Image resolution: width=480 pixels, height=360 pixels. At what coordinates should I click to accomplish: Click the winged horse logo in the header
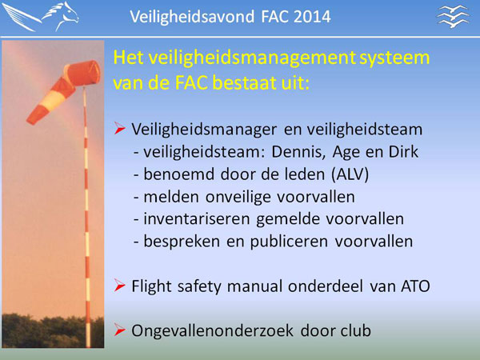tap(41, 16)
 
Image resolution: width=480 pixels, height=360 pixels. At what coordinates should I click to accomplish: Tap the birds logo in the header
tap(453, 16)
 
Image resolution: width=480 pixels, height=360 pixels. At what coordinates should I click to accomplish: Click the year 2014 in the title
tap(312, 17)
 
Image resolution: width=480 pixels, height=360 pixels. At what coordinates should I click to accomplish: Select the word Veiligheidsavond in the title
tap(192, 17)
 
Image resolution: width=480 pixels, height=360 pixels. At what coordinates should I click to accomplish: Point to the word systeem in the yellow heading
tap(394, 58)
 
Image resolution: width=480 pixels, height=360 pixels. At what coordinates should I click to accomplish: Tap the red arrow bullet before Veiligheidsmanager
tap(119, 128)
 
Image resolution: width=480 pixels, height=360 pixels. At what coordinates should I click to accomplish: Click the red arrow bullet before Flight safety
tap(119, 286)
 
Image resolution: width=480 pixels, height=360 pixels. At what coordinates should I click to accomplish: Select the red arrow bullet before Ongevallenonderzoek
tap(119, 330)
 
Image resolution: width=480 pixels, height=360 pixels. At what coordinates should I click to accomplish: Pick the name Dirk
tap(403, 151)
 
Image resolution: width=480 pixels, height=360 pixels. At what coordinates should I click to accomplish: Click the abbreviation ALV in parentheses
tap(350, 174)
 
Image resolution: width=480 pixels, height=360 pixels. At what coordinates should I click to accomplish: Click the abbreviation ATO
tap(415, 286)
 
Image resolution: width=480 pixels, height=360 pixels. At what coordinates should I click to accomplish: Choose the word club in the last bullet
tap(356, 330)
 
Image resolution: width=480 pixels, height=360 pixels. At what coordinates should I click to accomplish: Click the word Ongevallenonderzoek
tap(212, 331)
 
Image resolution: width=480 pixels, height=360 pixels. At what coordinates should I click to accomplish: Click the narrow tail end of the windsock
tap(31, 118)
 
